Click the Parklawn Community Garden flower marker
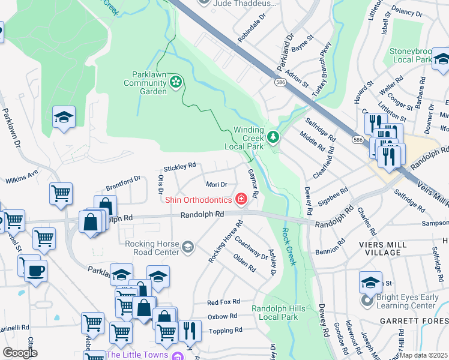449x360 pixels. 176,82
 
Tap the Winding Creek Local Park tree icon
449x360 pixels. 274,137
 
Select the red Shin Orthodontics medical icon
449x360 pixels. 241,199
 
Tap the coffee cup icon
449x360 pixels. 35,270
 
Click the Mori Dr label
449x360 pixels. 216,185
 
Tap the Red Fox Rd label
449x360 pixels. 223,302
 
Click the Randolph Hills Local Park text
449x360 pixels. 275,312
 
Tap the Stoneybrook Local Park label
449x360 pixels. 411,55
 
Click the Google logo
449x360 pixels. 20,353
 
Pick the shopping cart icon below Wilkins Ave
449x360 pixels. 61,194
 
